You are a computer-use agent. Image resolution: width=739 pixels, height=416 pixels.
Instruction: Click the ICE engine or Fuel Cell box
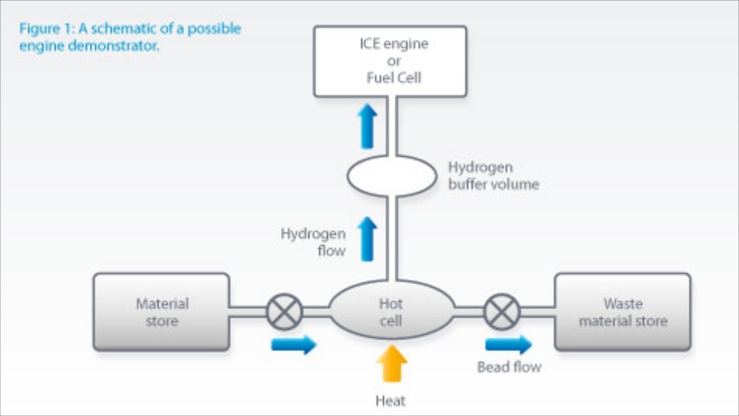[390, 61]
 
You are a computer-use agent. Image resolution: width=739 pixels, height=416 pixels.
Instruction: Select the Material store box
[162, 312]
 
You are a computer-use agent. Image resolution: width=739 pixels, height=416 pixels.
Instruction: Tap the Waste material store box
[622, 312]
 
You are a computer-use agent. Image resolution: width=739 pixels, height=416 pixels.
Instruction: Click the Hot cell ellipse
[391, 311]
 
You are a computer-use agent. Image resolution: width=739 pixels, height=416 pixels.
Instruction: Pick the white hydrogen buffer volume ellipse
[392, 176]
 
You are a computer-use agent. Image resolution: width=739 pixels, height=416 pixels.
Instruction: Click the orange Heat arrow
[392, 363]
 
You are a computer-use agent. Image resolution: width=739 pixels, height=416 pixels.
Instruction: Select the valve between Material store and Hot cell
[284, 312]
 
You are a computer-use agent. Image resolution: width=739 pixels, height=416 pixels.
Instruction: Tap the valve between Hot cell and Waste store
[502, 312]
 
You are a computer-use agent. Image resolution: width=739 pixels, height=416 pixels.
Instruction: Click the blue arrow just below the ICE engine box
[367, 126]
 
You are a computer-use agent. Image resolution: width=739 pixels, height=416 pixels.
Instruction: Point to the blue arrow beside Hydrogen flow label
[367, 239]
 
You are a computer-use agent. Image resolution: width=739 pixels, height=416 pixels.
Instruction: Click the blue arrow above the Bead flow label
[508, 344]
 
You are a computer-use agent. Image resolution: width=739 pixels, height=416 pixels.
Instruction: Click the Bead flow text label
[509, 367]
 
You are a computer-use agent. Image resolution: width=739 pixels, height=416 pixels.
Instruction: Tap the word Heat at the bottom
[390, 401]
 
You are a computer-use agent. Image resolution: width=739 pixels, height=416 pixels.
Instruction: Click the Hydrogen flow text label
[313, 242]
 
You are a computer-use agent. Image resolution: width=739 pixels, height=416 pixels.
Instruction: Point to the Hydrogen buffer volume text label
[493, 176]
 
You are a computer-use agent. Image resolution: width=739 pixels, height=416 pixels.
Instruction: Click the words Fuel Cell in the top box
[394, 78]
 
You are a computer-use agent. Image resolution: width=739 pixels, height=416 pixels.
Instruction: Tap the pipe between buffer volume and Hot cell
[392, 239]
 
